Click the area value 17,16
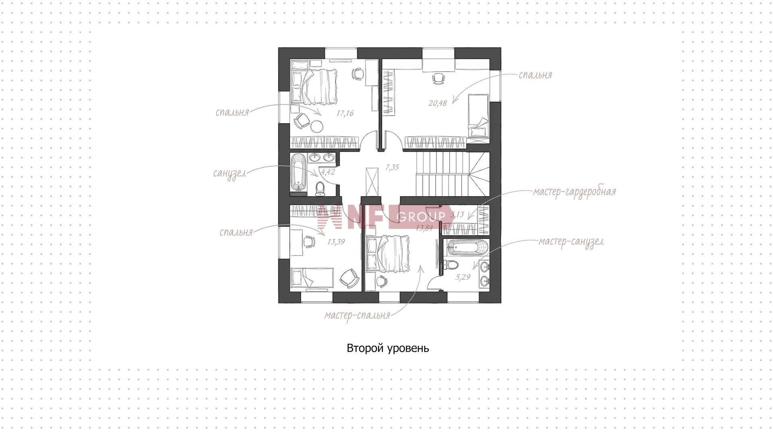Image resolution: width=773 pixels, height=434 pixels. (345, 113)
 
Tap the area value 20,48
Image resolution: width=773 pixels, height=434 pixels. (438, 103)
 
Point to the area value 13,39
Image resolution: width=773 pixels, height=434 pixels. (336, 242)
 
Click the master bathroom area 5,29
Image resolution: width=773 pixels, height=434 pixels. (463, 277)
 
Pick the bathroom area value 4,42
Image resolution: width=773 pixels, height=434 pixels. (328, 172)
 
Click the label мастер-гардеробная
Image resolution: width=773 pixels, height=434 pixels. (575, 192)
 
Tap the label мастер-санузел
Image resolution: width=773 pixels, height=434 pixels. (571, 242)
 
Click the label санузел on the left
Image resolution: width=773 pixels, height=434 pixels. (229, 174)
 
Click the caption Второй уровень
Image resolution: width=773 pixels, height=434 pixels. (388, 348)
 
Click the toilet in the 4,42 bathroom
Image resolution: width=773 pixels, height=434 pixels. (320, 189)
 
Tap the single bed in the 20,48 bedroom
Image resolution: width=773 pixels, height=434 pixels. (479, 116)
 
